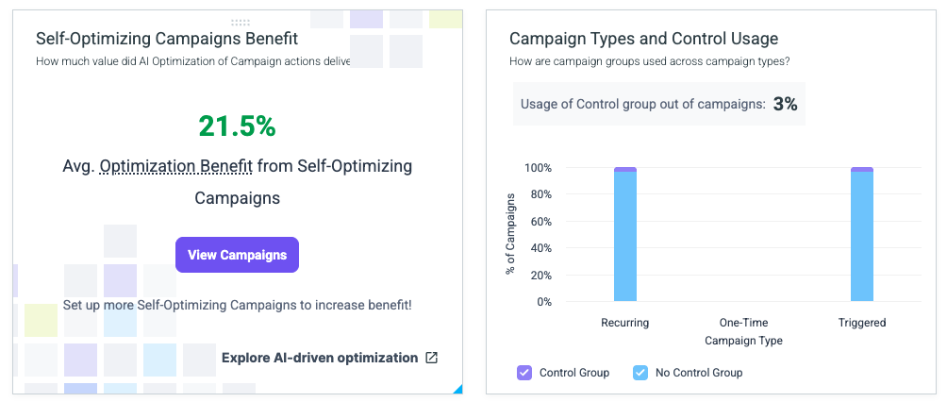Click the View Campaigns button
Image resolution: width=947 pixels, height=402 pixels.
237,255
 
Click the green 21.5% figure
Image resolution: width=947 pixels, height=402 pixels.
237,126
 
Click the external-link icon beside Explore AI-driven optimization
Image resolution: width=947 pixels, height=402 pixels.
431,358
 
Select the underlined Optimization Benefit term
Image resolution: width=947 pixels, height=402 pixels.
175,166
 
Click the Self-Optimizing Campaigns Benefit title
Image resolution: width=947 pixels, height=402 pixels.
167,39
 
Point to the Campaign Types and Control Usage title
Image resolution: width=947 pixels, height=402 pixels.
644,39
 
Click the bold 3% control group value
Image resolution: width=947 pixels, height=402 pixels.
785,105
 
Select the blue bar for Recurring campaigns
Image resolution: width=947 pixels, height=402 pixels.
625,236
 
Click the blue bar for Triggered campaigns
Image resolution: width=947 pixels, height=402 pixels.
862,236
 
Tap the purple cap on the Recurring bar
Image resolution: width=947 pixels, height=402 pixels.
625,170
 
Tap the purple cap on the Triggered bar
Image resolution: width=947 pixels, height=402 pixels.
862,170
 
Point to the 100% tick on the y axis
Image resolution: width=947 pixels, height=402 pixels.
538,167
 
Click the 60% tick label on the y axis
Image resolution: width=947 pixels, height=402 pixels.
540,221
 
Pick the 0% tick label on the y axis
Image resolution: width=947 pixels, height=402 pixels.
543,302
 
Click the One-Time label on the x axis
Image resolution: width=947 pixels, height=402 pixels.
743,323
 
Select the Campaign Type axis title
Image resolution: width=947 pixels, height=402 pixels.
743,341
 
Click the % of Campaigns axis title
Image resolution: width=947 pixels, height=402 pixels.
510,234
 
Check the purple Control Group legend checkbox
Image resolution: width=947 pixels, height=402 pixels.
524,373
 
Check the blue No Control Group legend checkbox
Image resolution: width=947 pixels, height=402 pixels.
640,373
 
